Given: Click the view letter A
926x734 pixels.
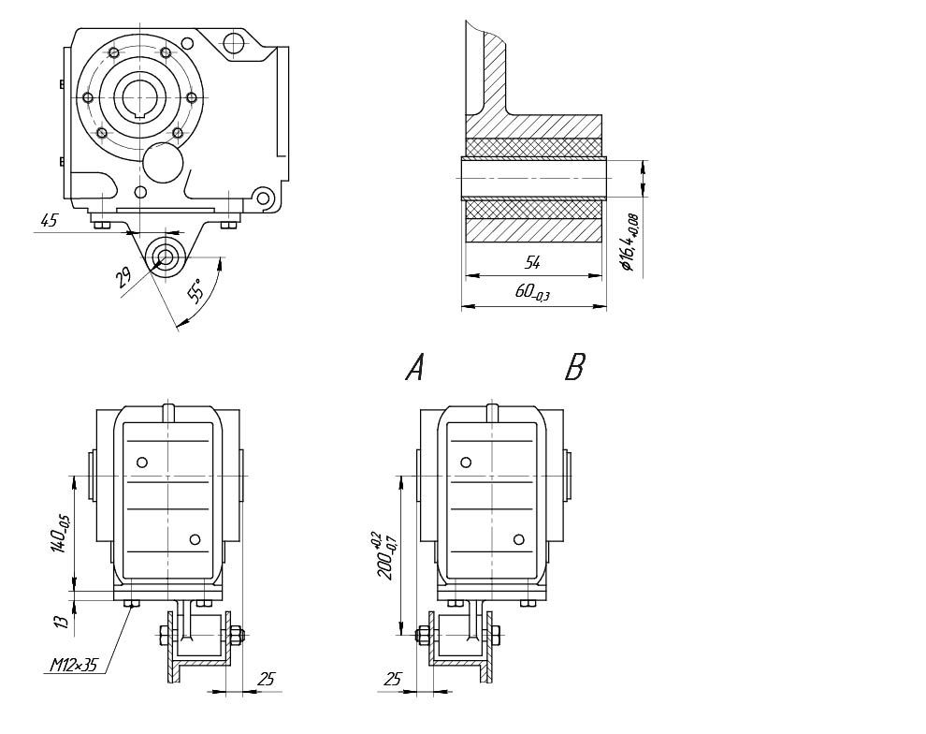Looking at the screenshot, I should tap(414, 369).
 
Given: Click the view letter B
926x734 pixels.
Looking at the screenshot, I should tap(574, 369).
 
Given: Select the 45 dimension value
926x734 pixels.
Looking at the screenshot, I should tap(48, 221).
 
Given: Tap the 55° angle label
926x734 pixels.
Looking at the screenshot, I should tap(195, 291).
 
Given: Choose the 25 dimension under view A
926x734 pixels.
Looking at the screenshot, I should tap(266, 680).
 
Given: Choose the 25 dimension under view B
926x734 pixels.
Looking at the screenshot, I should tap(393, 680).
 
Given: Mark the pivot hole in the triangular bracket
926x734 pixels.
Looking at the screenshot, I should tap(167, 257).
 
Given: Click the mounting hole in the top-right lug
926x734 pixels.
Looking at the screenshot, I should tap(233, 41).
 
